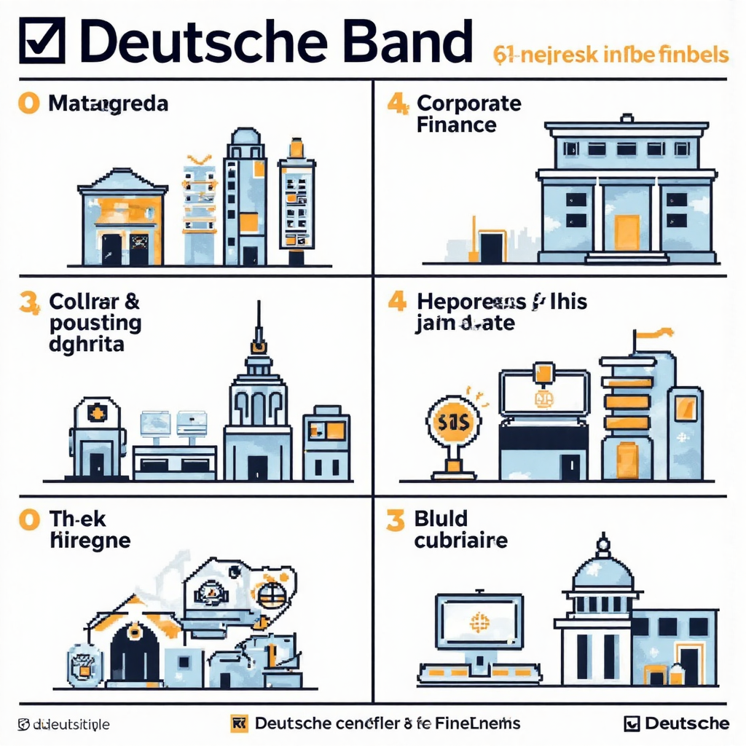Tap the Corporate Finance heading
click(x=468, y=114)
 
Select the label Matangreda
click(x=108, y=103)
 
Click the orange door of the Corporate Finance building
click(x=626, y=232)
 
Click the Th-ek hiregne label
click(x=89, y=530)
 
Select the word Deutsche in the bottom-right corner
click(x=686, y=723)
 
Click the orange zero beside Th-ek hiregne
click(x=29, y=519)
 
